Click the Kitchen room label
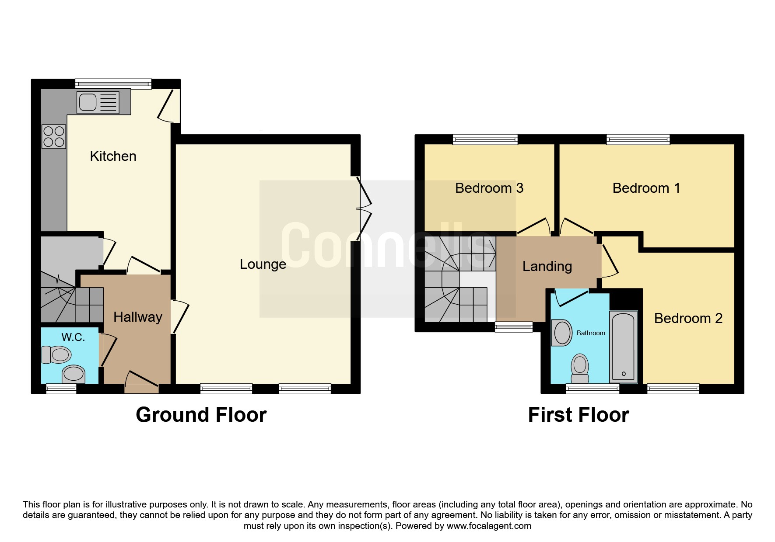tap(113, 156)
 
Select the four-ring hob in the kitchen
tap(54, 136)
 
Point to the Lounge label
tap(263, 264)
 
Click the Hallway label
tap(138, 317)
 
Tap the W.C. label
tap(73, 337)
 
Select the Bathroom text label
tap(591, 333)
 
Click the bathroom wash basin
tap(562, 333)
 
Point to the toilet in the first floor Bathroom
tap(580, 368)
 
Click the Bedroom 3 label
tap(489, 188)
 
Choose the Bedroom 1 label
tap(646, 188)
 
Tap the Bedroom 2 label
tap(688, 318)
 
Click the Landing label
tap(547, 266)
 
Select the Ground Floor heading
tap(201, 414)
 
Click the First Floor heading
tap(579, 414)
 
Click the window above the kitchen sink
tap(113, 83)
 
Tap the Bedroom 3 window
tap(485, 139)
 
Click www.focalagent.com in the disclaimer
tap(489, 526)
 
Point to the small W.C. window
tap(61, 389)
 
